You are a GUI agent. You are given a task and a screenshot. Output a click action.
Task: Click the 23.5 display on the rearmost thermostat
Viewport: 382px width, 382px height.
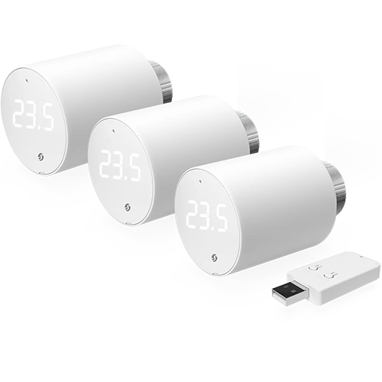coord(34,116)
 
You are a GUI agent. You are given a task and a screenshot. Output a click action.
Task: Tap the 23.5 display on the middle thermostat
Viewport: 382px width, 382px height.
coord(120,166)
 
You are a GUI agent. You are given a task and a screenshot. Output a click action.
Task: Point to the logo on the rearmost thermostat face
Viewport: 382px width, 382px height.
coord(40,157)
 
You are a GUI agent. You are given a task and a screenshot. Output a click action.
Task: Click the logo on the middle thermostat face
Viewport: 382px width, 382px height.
coord(128,208)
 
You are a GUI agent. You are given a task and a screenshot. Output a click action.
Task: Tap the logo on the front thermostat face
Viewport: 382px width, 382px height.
coord(215,257)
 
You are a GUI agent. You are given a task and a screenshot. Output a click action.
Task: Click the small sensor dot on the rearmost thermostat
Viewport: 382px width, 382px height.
coord(27,81)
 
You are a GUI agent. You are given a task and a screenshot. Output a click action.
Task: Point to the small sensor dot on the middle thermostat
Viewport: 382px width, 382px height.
coord(114,131)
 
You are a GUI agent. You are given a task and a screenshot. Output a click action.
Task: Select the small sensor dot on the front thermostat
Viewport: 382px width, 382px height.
coord(200,181)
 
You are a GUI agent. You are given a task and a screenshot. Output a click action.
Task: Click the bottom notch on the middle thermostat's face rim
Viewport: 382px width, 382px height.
coord(128,223)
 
